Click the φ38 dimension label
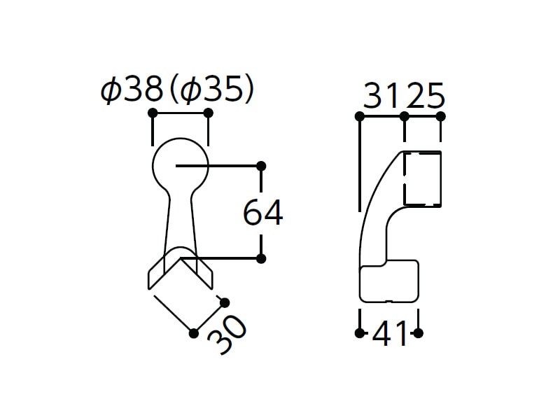[132, 90]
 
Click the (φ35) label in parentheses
[211, 90]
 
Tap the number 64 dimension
[263, 213]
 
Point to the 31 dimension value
[381, 96]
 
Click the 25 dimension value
[426, 96]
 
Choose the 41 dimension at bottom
[390, 334]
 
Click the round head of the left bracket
[153, 165]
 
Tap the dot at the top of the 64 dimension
[261, 166]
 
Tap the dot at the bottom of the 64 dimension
[261, 258]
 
